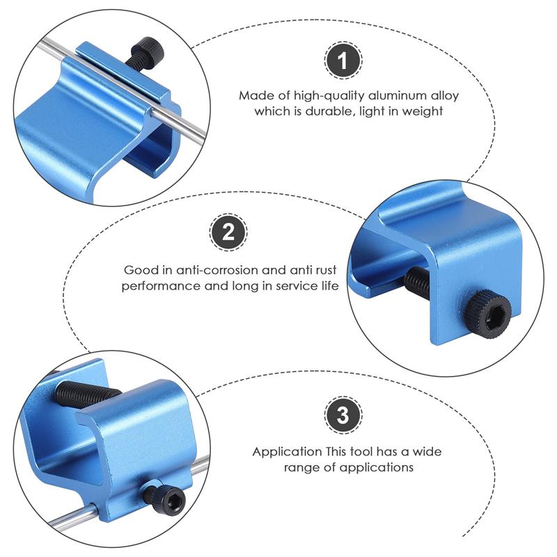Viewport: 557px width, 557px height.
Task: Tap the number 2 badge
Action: tap(228, 233)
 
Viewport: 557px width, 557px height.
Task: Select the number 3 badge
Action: tap(342, 416)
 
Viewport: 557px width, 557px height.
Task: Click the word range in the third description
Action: tap(300, 467)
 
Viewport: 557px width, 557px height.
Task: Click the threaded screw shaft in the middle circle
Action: tap(417, 280)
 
